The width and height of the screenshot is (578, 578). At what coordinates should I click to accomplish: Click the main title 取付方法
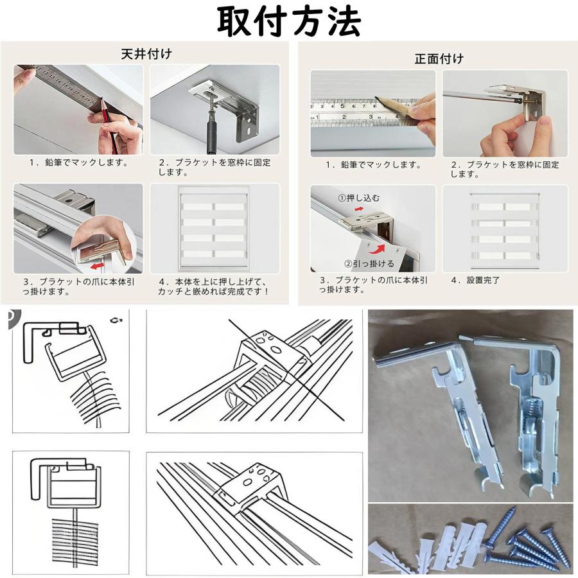pos(288,21)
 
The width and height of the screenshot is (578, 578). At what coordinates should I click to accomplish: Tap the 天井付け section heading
pos(146,54)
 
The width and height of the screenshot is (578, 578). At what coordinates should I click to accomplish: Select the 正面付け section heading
pos(439,58)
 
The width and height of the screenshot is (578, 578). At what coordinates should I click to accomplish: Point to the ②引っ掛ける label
pos(369,263)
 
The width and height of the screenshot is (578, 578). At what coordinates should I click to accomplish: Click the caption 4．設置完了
pos(475,280)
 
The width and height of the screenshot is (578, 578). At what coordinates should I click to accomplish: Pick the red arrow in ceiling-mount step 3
pos(98,265)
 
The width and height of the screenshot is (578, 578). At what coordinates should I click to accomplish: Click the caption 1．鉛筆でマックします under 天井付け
pos(79,162)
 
